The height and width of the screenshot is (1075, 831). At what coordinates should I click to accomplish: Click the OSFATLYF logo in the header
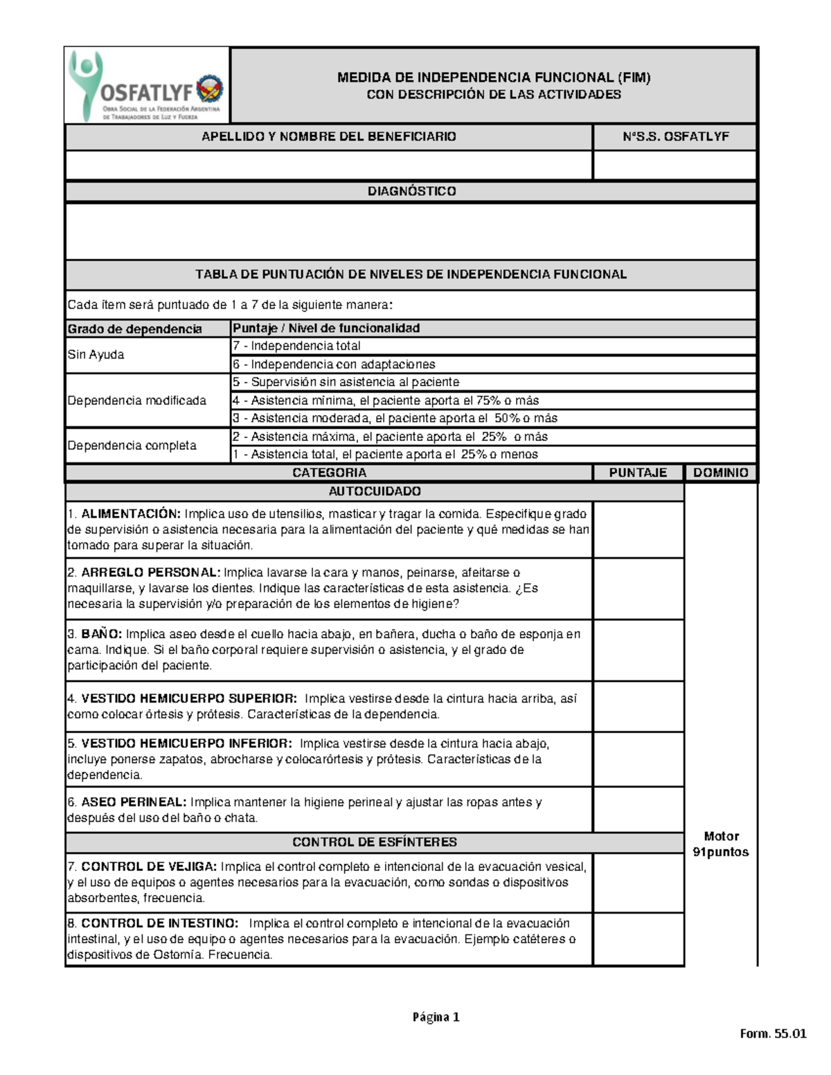(147, 87)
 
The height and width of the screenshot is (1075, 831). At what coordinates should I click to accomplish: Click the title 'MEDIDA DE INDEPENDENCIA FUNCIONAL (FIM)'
(494, 78)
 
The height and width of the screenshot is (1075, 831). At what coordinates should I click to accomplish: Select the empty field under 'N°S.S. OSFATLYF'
(674, 165)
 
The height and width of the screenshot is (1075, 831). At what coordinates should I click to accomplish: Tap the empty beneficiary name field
(329, 165)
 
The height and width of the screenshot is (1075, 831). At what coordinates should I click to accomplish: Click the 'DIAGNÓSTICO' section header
(411, 191)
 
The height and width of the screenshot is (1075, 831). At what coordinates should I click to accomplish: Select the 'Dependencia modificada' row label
(137, 401)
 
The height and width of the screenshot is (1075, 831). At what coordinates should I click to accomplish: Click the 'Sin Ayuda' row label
(96, 355)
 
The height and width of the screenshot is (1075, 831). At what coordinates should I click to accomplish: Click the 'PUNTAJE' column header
(638, 473)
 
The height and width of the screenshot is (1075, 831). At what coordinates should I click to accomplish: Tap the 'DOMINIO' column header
(721, 473)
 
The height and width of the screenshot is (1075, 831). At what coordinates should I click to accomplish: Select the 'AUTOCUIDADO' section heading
(375, 491)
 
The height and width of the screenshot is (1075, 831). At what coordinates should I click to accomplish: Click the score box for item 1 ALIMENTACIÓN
(638, 530)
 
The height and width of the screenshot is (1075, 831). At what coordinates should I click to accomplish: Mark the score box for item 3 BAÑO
(638, 650)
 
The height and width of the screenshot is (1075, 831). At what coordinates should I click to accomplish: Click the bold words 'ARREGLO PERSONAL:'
(150, 572)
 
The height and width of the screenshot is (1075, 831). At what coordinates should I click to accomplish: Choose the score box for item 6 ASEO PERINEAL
(638, 809)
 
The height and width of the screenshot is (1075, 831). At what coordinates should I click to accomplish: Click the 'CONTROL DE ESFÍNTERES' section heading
(375, 842)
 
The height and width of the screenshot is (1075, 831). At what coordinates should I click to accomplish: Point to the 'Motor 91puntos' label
(721, 844)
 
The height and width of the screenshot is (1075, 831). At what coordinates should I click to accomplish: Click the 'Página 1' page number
(436, 1017)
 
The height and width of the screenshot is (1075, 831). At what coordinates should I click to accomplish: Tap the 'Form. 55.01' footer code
(773, 1034)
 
